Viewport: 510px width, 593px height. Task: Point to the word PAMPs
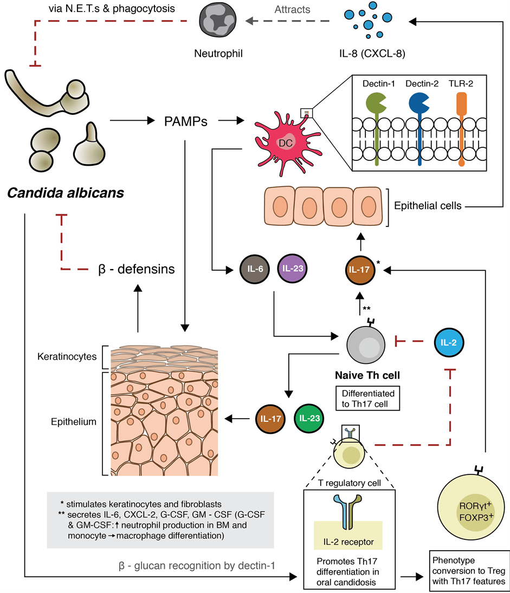[185, 121]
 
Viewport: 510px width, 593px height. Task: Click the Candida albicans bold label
[65, 192]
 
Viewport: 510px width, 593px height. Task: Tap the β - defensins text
[134, 269]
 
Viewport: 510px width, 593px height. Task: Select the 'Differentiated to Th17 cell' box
[368, 398]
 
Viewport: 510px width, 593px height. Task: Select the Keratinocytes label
[67, 357]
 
